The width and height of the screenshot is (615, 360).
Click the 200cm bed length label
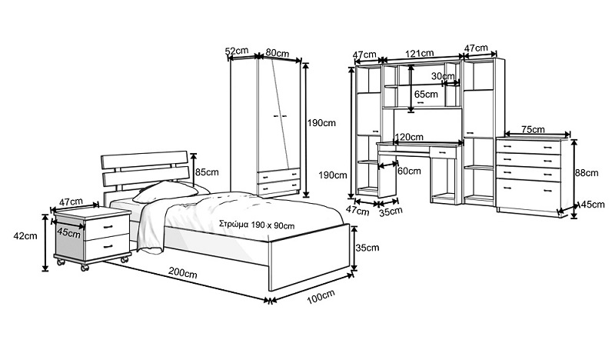[181, 274]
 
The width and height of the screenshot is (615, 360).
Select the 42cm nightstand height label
[25, 235]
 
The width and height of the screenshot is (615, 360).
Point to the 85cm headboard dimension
[208, 172]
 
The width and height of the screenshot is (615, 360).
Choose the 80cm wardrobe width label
[277, 53]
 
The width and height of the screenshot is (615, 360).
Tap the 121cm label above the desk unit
[421, 54]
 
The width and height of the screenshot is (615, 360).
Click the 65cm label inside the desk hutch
[425, 94]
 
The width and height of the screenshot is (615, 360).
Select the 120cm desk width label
[409, 138]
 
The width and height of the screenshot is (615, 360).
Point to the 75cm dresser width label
[533, 128]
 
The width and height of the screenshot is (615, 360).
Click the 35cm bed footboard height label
[367, 247]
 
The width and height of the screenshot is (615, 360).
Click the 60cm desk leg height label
[409, 171]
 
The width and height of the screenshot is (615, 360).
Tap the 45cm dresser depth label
[590, 205]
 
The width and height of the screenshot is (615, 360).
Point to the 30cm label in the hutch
[441, 76]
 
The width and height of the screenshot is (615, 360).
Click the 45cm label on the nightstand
[68, 232]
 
